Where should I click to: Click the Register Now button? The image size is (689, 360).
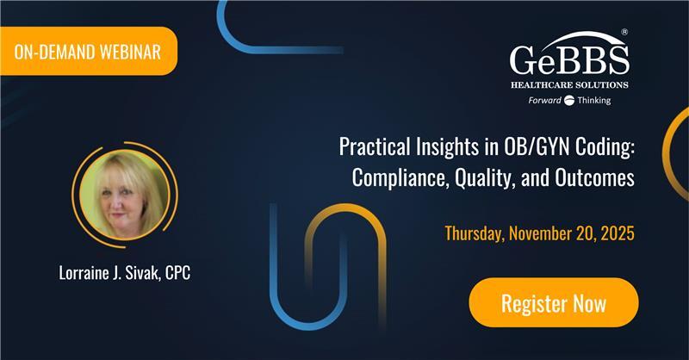(554, 303)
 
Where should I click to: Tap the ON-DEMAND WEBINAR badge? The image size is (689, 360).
(88, 52)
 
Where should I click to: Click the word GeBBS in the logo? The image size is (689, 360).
(569, 61)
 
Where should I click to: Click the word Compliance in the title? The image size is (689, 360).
(394, 178)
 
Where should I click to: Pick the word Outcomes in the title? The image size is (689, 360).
(597, 178)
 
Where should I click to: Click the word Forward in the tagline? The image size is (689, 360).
(545, 101)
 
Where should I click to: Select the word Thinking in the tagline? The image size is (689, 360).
(593, 101)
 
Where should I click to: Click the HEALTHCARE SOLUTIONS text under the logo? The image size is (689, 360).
(569, 84)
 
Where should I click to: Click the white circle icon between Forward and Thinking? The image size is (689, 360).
(568, 101)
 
